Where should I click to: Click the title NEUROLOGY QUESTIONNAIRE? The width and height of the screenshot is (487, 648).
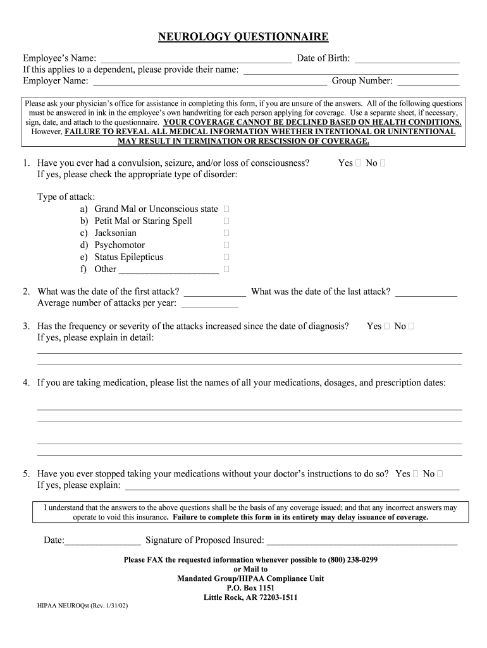[x=244, y=37]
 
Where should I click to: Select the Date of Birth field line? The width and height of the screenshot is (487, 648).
[x=407, y=59]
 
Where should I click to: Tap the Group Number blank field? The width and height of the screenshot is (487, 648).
[x=428, y=81]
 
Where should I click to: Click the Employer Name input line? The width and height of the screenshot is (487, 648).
[x=210, y=81]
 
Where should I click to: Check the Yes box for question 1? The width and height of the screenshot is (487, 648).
[x=359, y=163]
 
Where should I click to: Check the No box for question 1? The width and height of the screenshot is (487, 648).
[x=383, y=163]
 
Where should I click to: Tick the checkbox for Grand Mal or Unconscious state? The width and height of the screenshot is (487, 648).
[x=226, y=209]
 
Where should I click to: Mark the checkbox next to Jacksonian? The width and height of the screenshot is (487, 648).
[x=226, y=233]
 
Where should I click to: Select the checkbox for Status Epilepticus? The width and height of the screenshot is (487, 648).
[x=226, y=257]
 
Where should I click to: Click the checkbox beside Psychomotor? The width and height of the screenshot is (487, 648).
[x=226, y=245]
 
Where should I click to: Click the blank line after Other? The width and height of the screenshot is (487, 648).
[x=169, y=270]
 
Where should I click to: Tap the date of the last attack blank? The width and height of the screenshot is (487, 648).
[x=426, y=292]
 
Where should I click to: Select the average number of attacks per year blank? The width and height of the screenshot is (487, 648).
[x=210, y=304]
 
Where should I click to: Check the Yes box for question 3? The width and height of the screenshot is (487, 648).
[x=386, y=327]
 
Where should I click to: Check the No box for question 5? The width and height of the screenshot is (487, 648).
[x=440, y=474]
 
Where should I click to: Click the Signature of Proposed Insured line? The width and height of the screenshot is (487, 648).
[x=362, y=541]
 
